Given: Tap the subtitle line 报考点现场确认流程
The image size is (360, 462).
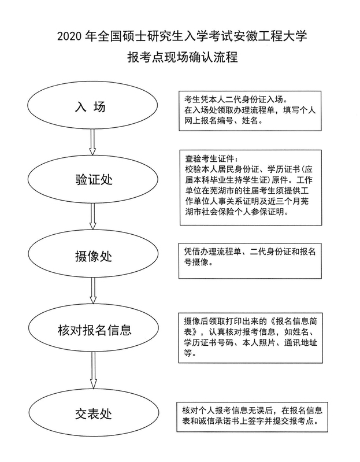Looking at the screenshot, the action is (183, 57).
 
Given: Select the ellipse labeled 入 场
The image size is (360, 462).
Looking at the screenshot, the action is (92, 105).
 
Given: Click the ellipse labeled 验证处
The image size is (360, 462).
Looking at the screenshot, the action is (93, 179).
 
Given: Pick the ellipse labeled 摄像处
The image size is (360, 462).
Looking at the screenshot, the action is (93, 254).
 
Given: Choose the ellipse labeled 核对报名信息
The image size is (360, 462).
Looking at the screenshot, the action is (94, 328).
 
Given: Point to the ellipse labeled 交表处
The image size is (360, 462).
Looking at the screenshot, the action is (94, 412).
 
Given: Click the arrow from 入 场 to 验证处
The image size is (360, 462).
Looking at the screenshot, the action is (92, 142).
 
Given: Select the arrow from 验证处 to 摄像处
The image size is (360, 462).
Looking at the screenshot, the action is (93, 217).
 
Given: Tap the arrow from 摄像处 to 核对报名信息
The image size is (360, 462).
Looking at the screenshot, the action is (93, 291).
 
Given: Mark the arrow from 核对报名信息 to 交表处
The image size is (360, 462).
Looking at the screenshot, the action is (94, 370).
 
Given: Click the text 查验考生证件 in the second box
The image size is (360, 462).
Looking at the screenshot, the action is (210, 159).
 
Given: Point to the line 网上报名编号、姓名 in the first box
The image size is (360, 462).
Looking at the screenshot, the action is (222, 121).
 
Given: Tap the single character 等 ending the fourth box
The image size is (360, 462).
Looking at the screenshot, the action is (188, 353).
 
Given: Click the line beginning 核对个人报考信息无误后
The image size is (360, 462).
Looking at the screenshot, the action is (253, 410).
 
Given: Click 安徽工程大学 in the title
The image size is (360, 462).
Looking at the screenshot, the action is (270, 36).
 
